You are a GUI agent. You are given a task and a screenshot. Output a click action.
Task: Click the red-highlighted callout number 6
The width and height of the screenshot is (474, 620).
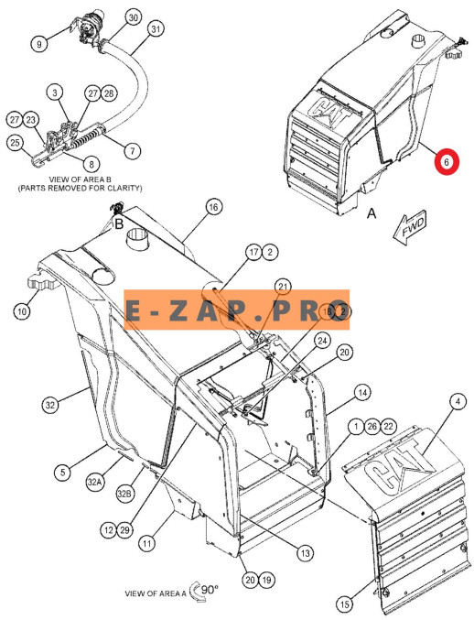(447, 162)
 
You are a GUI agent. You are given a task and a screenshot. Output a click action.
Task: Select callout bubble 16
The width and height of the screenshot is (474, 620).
(214, 207)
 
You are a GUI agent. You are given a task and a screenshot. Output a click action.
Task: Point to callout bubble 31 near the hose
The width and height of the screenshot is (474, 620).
(156, 29)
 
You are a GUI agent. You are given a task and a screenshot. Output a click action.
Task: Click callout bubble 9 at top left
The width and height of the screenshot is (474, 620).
(38, 44)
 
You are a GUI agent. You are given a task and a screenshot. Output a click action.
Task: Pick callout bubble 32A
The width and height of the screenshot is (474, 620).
(94, 483)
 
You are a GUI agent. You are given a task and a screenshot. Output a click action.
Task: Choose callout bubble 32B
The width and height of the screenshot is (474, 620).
(124, 494)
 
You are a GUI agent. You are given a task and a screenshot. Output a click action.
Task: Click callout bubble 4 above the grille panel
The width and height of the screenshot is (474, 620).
(458, 402)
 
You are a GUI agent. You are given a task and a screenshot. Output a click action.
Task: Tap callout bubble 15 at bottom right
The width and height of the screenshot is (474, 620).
(345, 604)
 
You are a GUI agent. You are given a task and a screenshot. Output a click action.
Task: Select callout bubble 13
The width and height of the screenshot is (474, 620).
(306, 553)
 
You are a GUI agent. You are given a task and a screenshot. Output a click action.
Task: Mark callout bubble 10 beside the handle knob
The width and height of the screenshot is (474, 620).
(22, 311)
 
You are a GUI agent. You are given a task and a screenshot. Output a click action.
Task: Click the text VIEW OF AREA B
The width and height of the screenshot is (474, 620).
(81, 179)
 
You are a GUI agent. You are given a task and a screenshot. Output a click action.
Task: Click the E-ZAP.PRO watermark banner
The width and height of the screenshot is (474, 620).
(237, 310)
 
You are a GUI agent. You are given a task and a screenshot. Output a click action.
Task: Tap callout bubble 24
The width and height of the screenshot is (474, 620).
(323, 341)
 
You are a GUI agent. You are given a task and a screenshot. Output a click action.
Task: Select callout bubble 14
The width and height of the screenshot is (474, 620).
(362, 393)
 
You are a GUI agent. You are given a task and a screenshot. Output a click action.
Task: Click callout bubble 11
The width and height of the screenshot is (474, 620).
(147, 544)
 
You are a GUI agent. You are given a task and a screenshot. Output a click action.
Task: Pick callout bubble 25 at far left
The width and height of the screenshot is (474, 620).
(15, 142)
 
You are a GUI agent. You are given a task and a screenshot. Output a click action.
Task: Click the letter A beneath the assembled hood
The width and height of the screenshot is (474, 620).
(372, 213)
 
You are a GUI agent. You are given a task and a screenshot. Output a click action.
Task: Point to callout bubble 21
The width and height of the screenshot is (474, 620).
(283, 287)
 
